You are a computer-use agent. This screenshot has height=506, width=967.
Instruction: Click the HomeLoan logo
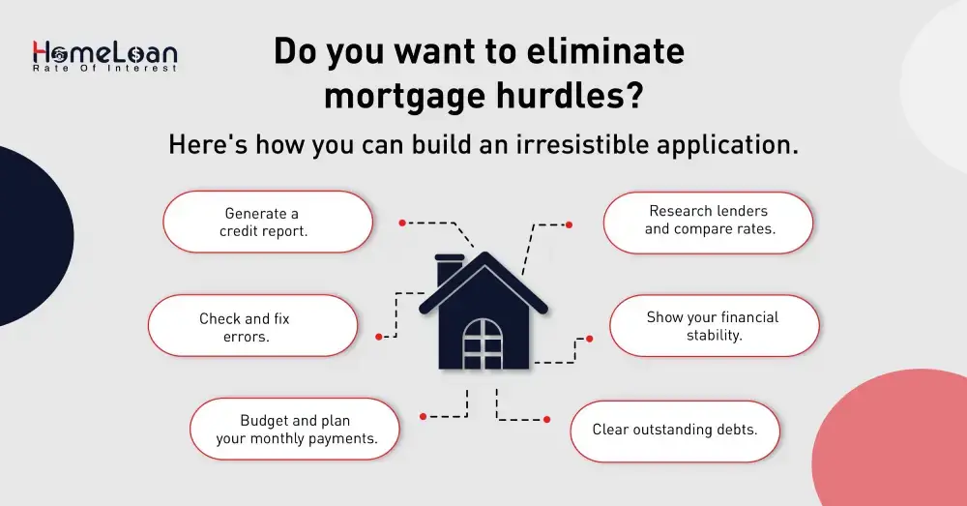tap(104, 54)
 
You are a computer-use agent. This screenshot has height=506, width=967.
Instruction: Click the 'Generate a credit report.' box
tap(268, 222)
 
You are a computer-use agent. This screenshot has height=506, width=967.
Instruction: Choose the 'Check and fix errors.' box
tap(252, 326)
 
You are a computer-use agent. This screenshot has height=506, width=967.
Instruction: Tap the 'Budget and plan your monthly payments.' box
tap(295, 429)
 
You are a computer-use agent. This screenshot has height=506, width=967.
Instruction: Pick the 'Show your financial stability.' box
tap(714, 326)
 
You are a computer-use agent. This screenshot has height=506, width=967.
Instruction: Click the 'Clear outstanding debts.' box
tap(674, 429)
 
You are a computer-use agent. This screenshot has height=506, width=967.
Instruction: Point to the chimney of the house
tap(450, 270)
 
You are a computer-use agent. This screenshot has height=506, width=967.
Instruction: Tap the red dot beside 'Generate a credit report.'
tap(401, 223)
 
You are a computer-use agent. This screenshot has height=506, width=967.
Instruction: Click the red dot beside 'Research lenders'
tap(569, 224)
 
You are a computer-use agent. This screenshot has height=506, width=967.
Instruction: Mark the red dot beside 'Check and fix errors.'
tap(380, 337)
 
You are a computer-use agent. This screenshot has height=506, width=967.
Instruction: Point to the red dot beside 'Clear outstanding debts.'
tap(546, 419)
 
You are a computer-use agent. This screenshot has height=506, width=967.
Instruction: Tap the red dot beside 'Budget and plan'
tap(423, 417)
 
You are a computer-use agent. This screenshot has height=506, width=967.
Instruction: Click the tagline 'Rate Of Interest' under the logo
tap(104, 68)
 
